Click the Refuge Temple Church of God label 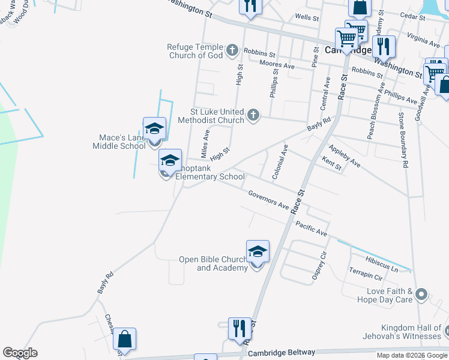(195, 51)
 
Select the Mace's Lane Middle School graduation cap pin (154, 130)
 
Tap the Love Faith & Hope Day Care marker (421, 295)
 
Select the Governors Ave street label (268, 199)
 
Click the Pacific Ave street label (311, 228)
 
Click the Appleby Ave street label (345, 155)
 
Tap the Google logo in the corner (20, 353)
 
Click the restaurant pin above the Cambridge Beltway (239, 328)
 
